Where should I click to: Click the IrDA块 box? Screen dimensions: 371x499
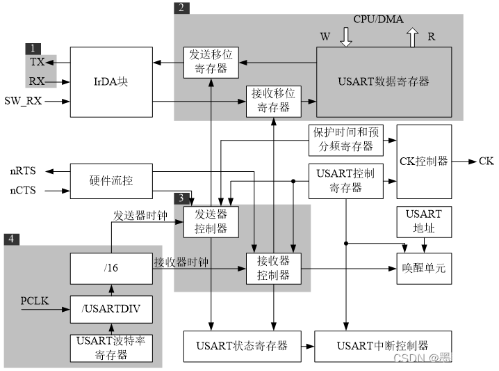coord(111,81)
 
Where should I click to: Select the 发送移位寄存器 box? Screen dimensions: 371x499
coord(211,62)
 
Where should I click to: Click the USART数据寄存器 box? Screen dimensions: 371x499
coord(384,81)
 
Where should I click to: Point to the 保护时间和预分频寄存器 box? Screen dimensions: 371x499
coord(346,140)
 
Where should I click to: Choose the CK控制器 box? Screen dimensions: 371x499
coord(424,161)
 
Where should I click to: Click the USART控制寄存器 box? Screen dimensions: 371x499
coord(346,180)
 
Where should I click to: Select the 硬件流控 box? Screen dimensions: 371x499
coord(111,181)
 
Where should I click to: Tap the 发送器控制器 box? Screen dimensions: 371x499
coord(211,221)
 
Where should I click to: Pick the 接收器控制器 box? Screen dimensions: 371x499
coord(274,268)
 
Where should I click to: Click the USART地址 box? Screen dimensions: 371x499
coord(424,221)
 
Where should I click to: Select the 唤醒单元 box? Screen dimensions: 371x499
coord(424,268)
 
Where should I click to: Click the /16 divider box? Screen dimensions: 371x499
coord(111,268)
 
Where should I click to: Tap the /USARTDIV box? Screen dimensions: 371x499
coord(111,308)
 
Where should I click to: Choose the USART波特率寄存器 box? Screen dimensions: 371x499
coord(111,348)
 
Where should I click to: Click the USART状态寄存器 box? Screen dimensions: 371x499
coord(242,346)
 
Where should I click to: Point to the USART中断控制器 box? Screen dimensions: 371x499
coord(382,346)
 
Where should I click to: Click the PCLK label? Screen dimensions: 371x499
coord(35,301)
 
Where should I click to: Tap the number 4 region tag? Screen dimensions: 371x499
coord(12,239)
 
